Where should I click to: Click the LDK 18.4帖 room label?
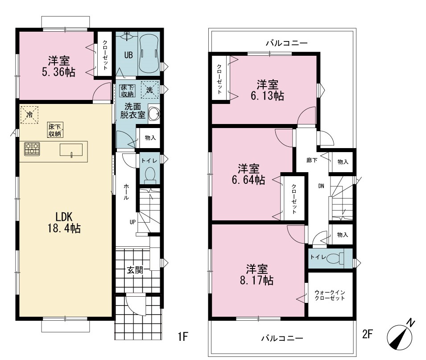coord(64,223)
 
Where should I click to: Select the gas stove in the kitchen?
coord(32,149)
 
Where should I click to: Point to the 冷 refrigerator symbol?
coord(29,115)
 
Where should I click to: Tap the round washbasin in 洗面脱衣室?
coord(154,114)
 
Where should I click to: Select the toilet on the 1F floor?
coord(150,175)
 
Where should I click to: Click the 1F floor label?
coord(183,337)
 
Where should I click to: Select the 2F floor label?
coord(367,334)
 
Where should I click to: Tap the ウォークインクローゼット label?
coord(330,295)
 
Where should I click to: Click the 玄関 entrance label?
coord(135,270)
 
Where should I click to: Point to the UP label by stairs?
coord(132,222)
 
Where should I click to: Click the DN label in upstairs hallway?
coord(321,186)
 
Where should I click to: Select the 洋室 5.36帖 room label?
coord(59,66)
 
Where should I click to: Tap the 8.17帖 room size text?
coord(256,281)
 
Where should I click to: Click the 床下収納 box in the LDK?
coord(55,130)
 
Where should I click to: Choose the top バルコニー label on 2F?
coord(287,43)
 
